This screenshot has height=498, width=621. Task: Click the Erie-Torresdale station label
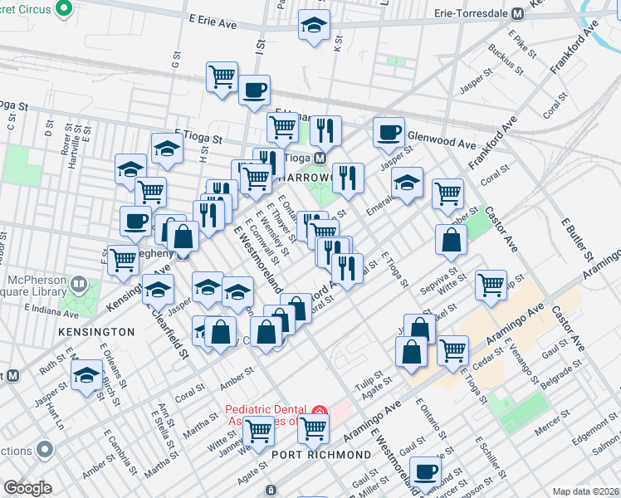(472, 13)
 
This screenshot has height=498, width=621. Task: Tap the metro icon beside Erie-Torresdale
(518, 13)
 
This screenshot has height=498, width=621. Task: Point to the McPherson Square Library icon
(79, 285)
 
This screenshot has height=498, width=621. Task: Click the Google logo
(27, 488)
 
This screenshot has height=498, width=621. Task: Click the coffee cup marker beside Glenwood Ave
(388, 130)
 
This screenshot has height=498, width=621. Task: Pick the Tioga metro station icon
(320, 157)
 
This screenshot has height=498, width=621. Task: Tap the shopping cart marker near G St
(222, 76)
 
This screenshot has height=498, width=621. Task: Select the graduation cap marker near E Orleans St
(87, 374)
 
